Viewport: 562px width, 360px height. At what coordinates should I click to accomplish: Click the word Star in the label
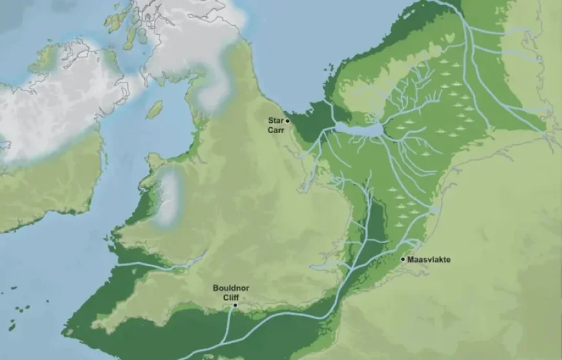pyautogui.click(x=276, y=120)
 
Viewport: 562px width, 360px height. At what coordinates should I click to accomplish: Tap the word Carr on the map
pyautogui.click(x=276, y=129)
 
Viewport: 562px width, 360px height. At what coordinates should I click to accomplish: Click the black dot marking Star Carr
pyautogui.click(x=287, y=120)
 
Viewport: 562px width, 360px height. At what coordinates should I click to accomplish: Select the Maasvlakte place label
pyautogui.click(x=430, y=260)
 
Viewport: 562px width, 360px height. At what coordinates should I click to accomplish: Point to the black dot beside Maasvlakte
pyautogui.click(x=403, y=259)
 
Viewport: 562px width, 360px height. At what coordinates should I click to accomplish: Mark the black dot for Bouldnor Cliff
pyautogui.click(x=235, y=305)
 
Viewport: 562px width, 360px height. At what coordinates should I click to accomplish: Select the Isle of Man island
pyautogui.click(x=154, y=110)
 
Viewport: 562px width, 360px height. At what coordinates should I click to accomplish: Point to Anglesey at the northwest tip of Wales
pyautogui.click(x=155, y=160)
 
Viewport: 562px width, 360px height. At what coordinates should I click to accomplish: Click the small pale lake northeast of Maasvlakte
pyautogui.click(x=434, y=211)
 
